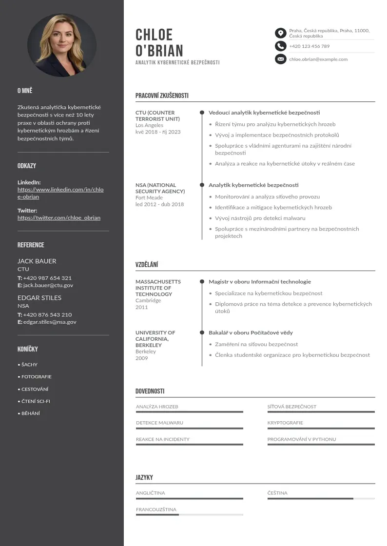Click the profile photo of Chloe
[x=62, y=45]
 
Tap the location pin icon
[x=280, y=33]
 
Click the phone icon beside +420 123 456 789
[x=280, y=46]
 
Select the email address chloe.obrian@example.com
[x=318, y=59]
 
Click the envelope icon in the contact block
[x=280, y=59]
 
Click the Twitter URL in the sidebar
[x=59, y=218]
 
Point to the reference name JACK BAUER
[x=37, y=261]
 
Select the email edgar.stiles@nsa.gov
[x=50, y=322]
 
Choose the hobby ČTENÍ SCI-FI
[x=36, y=401]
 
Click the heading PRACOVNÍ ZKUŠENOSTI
[x=162, y=96]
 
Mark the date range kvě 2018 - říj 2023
[x=158, y=132]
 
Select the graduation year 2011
[x=142, y=308]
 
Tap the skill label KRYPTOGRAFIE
[x=285, y=423]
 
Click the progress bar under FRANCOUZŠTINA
[x=189, y=515]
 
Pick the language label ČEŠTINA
[x=277, y=493]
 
